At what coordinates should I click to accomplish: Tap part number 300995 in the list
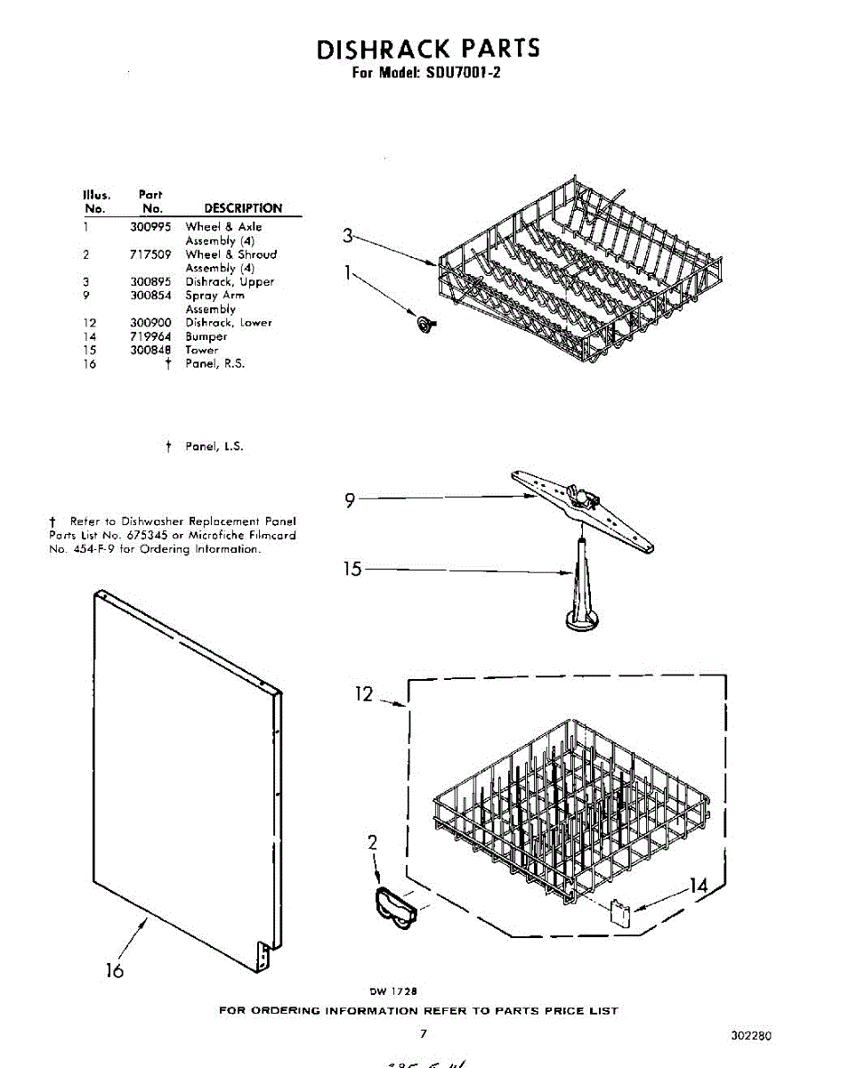[x=150, y=227]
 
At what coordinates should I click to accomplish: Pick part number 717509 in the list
[x=150, y=255]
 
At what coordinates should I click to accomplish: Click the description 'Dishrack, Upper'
[x=230, y=282]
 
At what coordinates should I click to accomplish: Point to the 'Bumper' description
[x=206, y=337]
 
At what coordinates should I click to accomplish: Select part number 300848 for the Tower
[x=150, y=351]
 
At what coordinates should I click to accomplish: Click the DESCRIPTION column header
[x=243, y=208]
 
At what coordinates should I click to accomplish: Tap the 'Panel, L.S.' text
[x=214, y=447]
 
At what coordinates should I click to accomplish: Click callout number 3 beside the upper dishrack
[x=348, y=236]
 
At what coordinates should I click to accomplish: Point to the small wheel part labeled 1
[x=424, y=324]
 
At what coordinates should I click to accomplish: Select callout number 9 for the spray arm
[x=351, y=501]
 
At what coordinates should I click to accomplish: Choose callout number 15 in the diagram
[x=353, y=569]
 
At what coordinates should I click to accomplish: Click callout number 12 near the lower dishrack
[x=364, y=694]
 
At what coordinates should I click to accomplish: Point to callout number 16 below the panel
[x=114, y=970]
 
